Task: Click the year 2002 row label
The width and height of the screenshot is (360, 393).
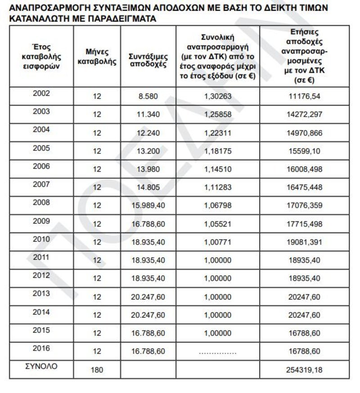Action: pos(41,94)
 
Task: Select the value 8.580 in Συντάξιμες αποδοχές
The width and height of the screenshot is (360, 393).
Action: pos(148,96)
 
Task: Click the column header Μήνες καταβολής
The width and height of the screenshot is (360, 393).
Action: pos(97,57)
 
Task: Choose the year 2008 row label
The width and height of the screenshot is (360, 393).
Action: pos(41,202)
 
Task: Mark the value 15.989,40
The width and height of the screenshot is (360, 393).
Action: pos(148,205)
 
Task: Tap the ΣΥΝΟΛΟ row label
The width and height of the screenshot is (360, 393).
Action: pos(41,366)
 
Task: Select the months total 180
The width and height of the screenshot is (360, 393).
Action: pos(97,370)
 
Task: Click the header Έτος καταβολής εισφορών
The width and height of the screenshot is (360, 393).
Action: pos(41,56)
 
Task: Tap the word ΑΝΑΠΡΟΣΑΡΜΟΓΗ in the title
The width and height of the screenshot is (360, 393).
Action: pos(48,8)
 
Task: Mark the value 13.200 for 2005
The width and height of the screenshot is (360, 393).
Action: pos(148,151)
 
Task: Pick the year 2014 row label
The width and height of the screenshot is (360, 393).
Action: pos(41,312)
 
